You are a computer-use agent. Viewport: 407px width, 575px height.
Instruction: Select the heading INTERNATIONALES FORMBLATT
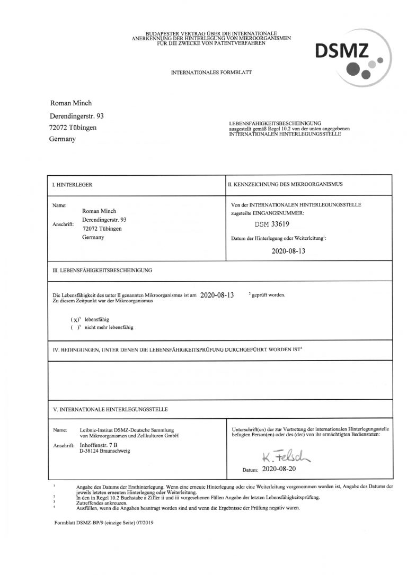click(203, 71)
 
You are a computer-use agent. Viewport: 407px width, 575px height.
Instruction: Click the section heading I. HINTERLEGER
click(72, 185)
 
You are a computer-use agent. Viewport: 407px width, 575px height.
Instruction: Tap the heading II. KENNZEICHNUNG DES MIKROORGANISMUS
click(285, 184)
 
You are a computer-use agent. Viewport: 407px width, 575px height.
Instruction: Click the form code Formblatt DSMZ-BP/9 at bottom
click(101, 523)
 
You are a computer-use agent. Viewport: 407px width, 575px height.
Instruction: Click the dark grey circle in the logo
click(351, 68)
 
